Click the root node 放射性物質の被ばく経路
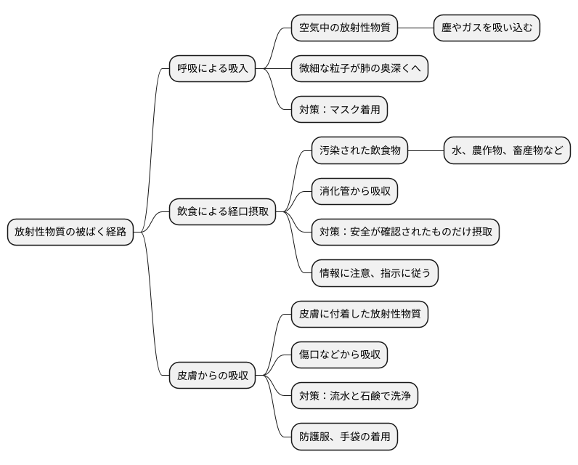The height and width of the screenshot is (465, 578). [71, 232]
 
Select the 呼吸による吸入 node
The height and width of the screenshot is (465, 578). [213, 69]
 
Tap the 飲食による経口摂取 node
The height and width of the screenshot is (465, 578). [223, 211]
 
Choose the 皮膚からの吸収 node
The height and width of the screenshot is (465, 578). [213, 376]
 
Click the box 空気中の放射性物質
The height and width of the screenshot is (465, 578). [344, 28]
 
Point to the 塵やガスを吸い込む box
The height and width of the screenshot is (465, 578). [487, 28]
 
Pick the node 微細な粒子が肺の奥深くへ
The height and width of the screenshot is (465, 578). [359, 69]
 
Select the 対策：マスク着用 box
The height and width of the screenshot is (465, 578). [338, 110]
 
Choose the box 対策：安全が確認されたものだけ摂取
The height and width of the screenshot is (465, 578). [405, 232]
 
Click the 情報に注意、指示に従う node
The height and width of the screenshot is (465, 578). [375, 272]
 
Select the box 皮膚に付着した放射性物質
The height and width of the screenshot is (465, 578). [359, 314]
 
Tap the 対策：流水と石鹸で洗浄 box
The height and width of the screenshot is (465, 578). [354, 396]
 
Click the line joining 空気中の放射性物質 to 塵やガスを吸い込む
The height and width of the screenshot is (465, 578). [415, 28]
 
